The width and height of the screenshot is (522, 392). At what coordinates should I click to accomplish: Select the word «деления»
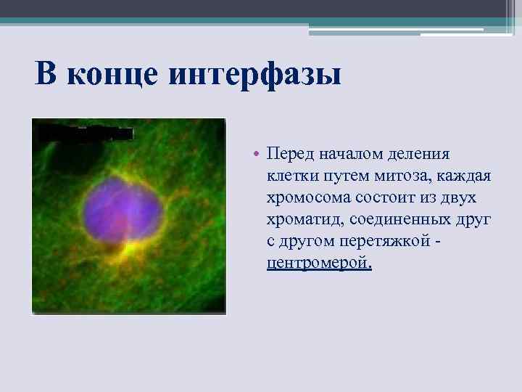[x=422, y=154]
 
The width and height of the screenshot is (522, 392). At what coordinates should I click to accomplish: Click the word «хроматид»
[x=299, y=219]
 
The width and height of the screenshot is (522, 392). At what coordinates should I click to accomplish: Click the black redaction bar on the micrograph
[x=85, y=134]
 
